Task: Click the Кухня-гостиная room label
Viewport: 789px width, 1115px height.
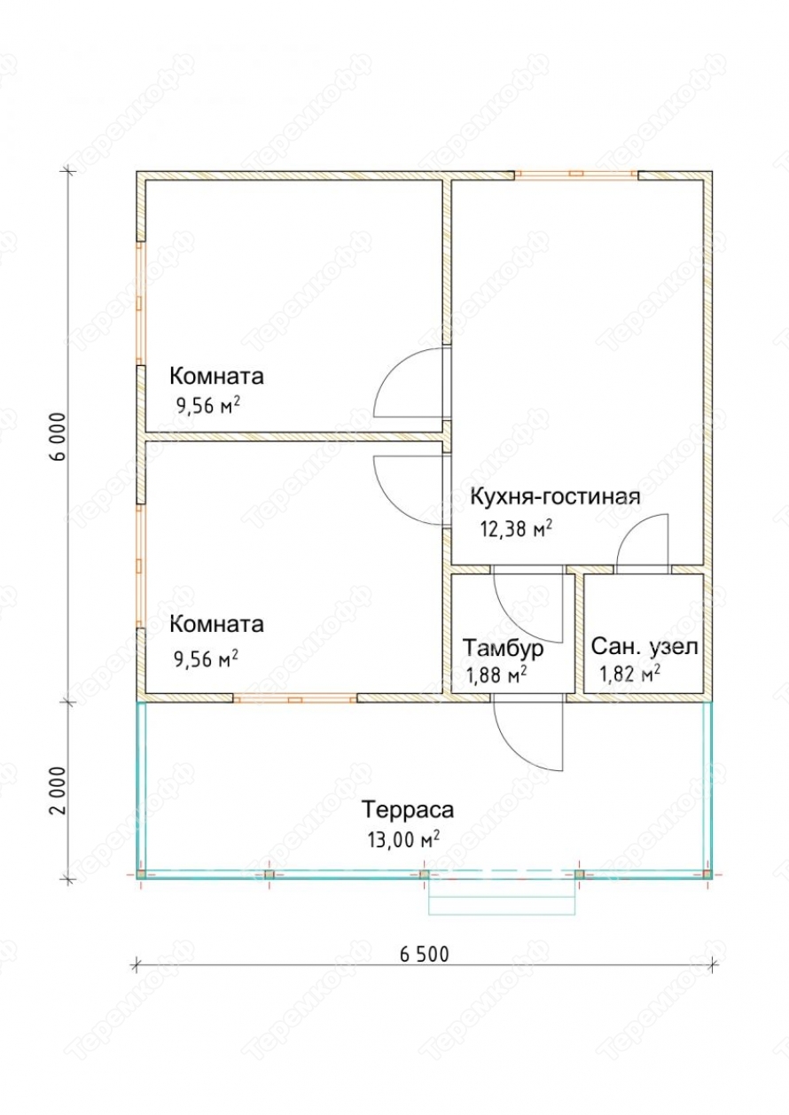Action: pos(555,496)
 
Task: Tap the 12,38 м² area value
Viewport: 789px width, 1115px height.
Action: pos(516,528)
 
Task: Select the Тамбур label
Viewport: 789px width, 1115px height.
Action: pos(503,648)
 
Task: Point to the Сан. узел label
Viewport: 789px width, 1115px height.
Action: pos(644,647)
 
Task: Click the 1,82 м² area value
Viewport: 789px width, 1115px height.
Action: pos(629,674)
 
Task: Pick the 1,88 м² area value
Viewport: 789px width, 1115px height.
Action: pos(496,675)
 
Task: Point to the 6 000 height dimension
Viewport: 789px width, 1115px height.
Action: pos(59,437)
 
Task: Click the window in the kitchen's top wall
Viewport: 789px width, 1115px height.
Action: pos(576,175)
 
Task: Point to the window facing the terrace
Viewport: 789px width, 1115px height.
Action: pos(295,699)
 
